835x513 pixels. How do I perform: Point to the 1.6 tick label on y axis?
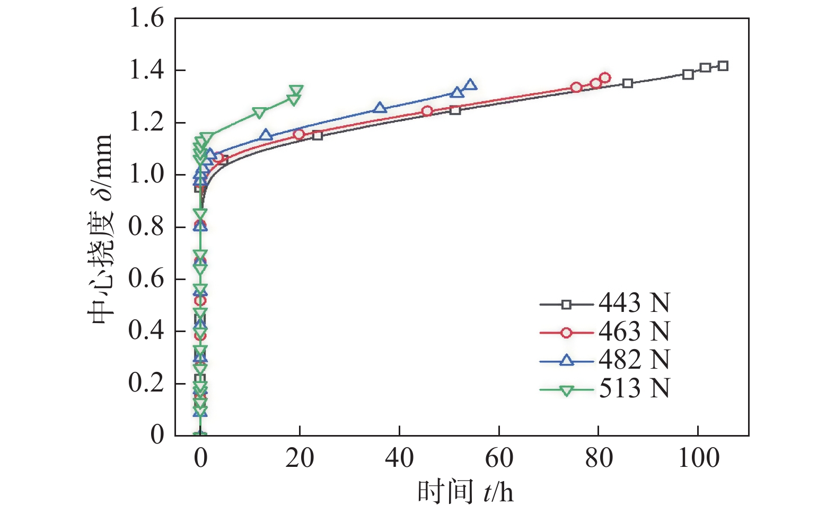click(146, 19)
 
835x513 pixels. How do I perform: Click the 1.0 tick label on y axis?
click(146, 175)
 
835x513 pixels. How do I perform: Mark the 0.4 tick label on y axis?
click(146, 331)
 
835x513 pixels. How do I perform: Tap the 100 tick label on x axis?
click(699, 457)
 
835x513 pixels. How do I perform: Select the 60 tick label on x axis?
click(499, 457)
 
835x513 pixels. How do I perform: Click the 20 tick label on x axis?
click(300, 457)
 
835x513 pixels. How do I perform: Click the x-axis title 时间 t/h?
click(465, 492)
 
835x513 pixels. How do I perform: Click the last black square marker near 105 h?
click(723, 66)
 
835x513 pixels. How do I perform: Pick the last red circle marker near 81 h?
click(605, 78)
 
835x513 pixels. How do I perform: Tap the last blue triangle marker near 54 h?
click(470, 85)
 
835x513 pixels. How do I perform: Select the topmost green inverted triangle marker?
click(296, 91)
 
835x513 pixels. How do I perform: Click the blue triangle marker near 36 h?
click(380, 108)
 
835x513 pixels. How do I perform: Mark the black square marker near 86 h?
click(628, 83)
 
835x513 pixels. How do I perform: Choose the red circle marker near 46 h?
click(427, 111)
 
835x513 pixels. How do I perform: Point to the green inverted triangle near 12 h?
click(259, 112)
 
